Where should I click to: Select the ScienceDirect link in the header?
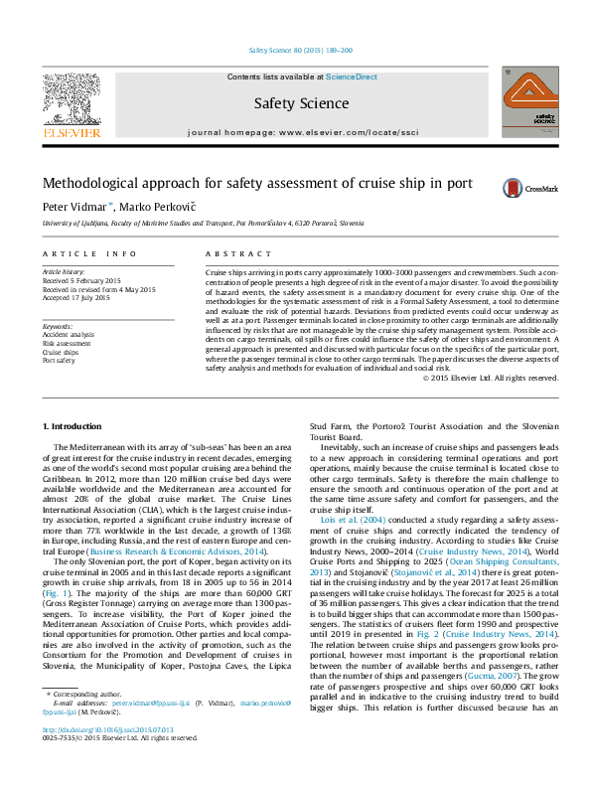click(352, 77)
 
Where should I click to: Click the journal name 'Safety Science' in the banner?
click(301, 103)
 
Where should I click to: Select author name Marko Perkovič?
click(153, 207)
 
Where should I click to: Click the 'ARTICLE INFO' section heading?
click(89, 254)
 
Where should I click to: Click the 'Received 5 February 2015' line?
click(88, 280)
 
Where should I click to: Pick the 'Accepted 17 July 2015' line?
click(83, 298)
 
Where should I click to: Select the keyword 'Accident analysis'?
click(69, 335)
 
